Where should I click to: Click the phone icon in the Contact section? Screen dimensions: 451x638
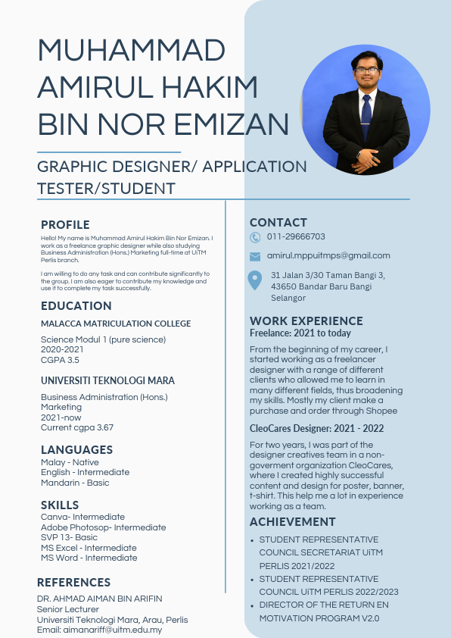tap(255, 237)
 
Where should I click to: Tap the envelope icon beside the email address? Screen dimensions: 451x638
tap(255, 256)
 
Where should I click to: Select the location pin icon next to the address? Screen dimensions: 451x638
tap(256, 280)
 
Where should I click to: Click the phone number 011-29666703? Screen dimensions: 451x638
tap(296, 237)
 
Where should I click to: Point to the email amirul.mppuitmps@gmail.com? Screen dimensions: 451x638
tap(328, 255)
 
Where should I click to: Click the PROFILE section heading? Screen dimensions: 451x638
tap(65, 224)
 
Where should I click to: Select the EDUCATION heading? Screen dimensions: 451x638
tap(76, 306)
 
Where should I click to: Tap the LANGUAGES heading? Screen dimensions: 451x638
tap(76, 449)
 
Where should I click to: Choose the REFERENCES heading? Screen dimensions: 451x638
tap(73, 583)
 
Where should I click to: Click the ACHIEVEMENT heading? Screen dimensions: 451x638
tap(293, 522)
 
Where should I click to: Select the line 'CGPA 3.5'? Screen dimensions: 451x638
tap(60, 360)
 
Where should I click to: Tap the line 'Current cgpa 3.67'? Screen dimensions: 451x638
tap(77, 427)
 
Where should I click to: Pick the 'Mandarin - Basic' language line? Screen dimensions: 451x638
tap(75, 483)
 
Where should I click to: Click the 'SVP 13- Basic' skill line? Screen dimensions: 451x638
tap(69, 537)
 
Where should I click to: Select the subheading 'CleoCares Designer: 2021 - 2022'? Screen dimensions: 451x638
tap(316, 428)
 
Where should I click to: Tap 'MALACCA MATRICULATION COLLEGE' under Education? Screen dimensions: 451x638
tap(116, 324)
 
